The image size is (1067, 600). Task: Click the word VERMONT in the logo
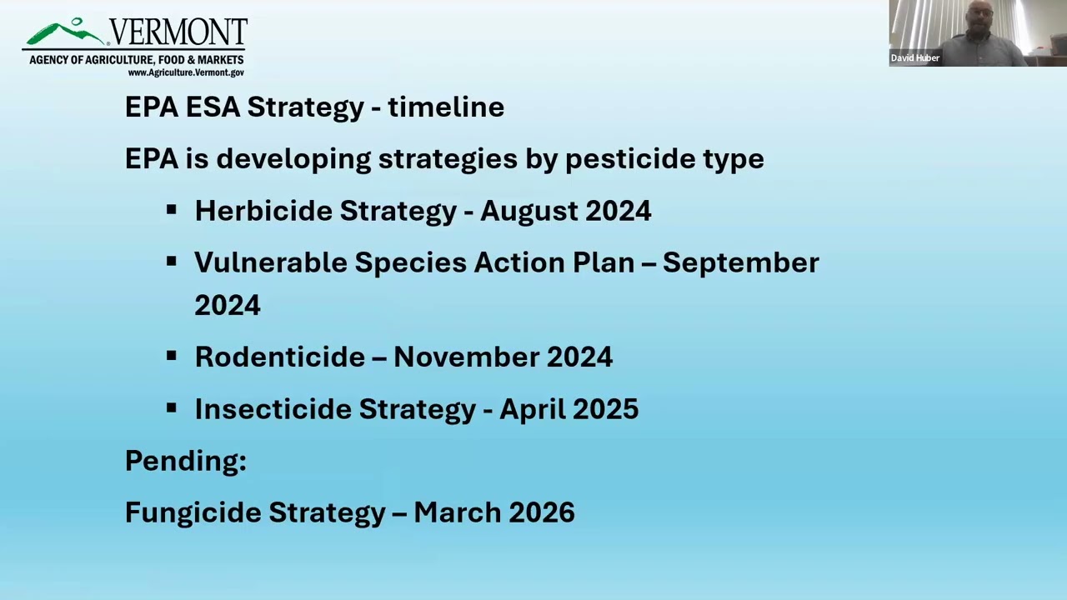[178, 33]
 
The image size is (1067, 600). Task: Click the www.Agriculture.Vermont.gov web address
[185, 72]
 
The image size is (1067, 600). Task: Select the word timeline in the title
[446, 107]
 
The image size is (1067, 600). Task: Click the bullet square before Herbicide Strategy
[172, 210]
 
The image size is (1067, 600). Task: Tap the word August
[529, 211]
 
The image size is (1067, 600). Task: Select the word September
[740, 262]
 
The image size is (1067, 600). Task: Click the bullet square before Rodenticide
[172, 356]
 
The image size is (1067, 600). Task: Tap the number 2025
[605, 408]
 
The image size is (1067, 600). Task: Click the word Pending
[185, 460]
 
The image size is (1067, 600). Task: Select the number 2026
[542, 512]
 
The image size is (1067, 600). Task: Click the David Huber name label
[915, 57]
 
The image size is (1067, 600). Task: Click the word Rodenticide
[279, 357]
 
